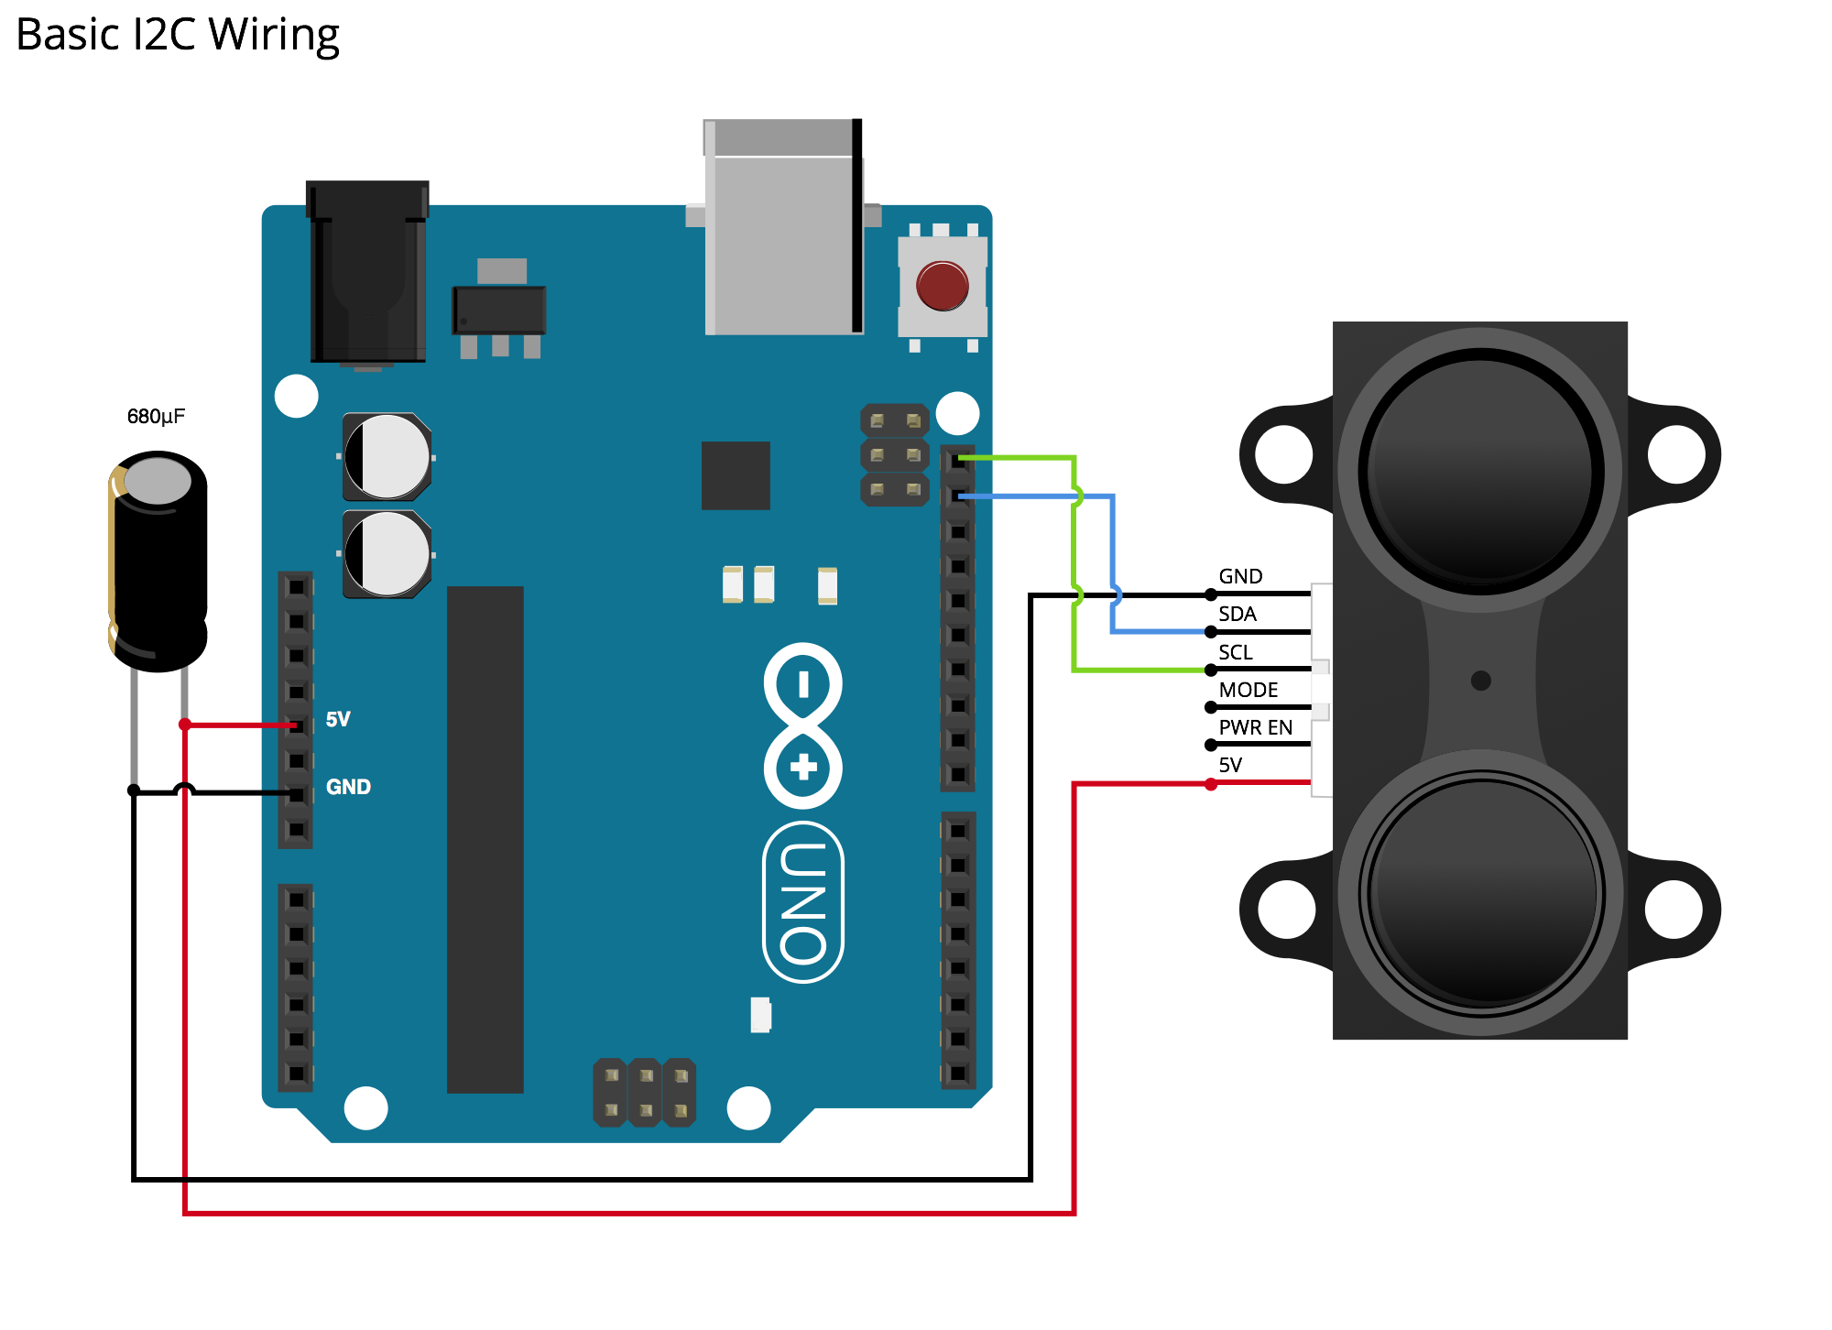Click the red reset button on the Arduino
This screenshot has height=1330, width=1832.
point(942,285)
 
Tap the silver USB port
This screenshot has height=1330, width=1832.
point(781,229)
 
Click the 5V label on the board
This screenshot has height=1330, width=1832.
point(338,719)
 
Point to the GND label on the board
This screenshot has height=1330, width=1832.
point(348,787)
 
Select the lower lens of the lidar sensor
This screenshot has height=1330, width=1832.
point(1481,892)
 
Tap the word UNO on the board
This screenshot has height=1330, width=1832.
point(803,902)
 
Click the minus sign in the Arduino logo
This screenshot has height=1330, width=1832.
point(803,684)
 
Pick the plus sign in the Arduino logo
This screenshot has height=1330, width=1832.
point(803,768)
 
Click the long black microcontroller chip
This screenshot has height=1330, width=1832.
point(485,838)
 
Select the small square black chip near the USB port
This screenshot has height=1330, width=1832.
point(736,475)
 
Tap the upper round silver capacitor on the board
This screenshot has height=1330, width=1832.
point(387,456)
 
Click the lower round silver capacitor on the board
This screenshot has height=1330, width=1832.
point(387,554)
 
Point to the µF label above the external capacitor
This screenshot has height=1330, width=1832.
point(173,418)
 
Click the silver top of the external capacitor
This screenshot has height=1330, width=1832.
point(158,481)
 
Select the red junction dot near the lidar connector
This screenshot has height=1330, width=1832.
point(1211,784)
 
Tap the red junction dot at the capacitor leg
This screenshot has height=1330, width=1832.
point(185,725)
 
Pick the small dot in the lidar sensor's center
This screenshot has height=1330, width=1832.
point(1480,681)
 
